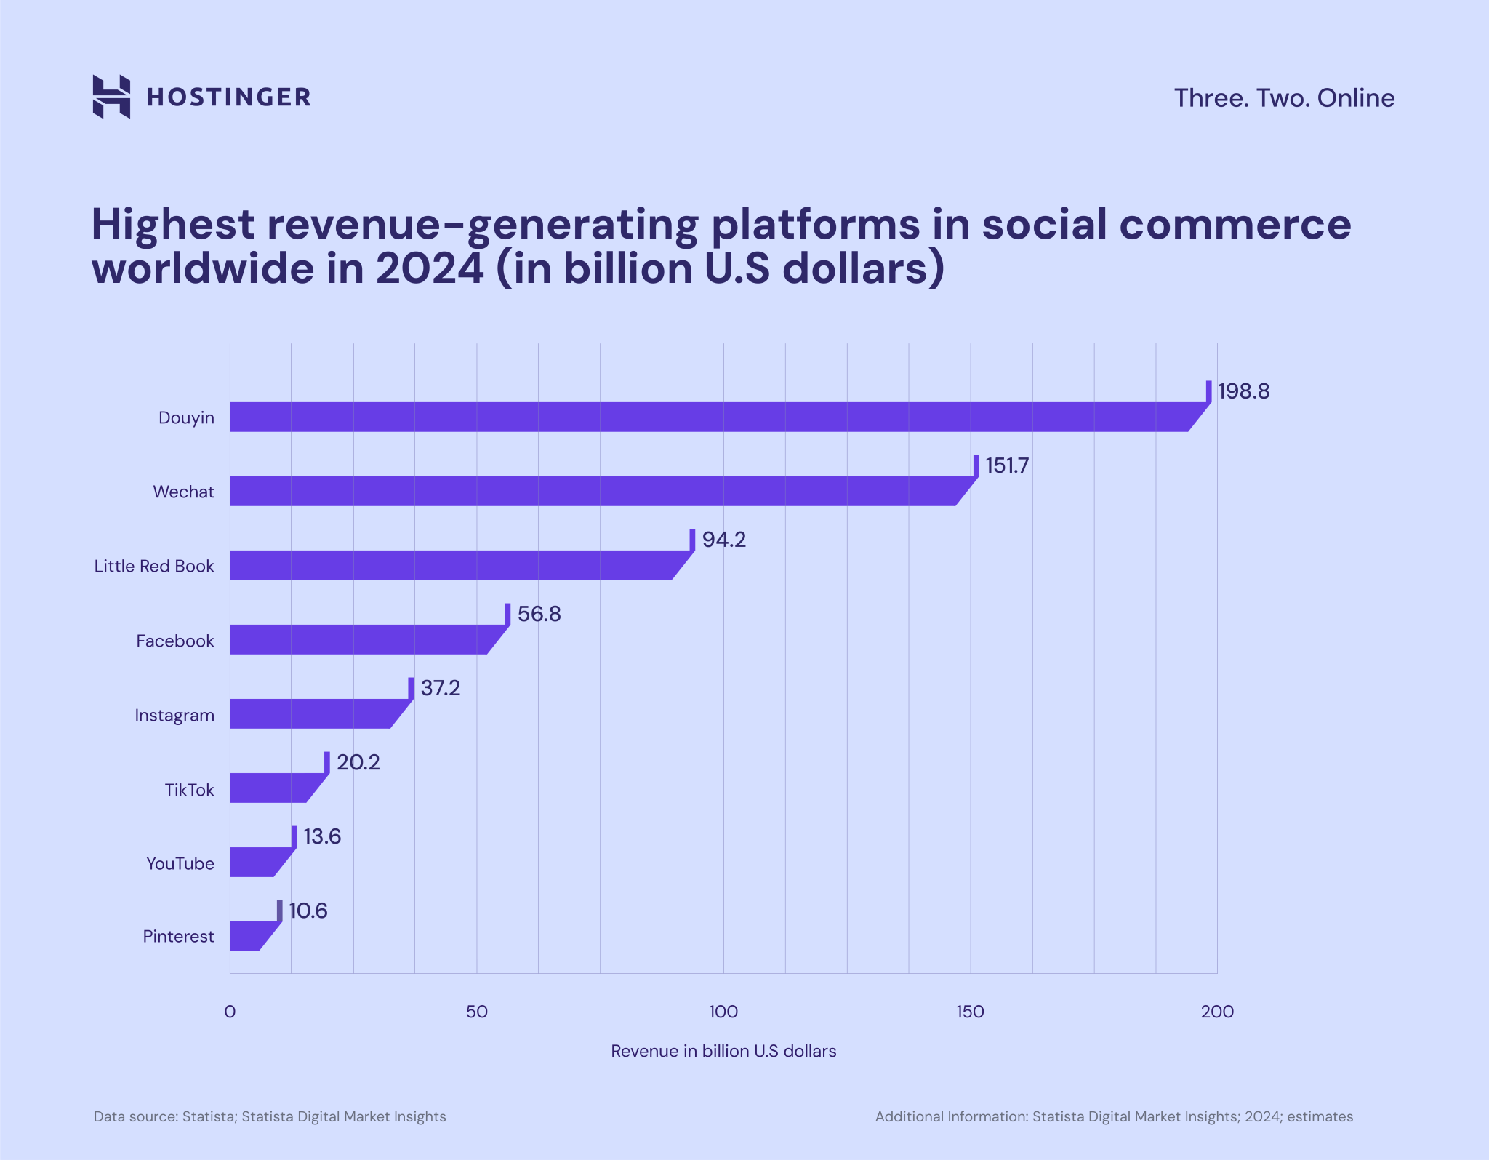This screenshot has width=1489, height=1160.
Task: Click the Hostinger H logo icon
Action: point(111,96)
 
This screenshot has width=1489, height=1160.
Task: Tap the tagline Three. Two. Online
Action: point(1284,98)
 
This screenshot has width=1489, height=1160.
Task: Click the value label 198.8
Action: point(1243,391)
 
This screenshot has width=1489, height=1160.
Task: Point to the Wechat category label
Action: point(183,492)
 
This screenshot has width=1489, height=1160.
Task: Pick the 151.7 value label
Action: point(1007,465)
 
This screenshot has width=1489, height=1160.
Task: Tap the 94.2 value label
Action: point(724,540)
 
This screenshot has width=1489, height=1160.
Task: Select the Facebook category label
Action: point(175,641)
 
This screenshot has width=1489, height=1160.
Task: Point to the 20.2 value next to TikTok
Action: point(358,762)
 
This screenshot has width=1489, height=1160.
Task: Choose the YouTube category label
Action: point(180,863)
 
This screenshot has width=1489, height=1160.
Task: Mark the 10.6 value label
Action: point(308,911)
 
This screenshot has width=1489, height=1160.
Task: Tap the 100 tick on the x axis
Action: point(723,1012)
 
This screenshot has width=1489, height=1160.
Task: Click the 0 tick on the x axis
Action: point(230,1012)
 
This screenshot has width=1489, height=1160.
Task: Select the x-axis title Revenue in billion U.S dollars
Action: point(723,1051)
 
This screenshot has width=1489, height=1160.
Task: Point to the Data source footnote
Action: point(270,1116)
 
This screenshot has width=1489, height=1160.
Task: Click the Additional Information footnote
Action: point(1114,1116)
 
